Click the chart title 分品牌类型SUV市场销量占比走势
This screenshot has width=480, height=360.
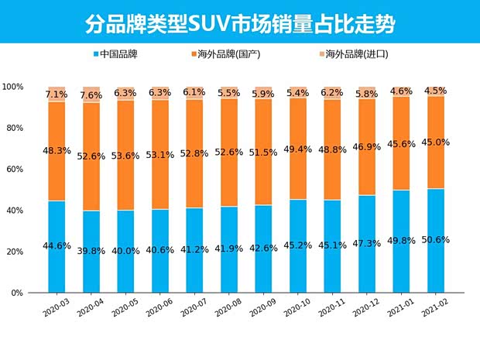coord(239,23)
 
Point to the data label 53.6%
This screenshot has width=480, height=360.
coord(126,156)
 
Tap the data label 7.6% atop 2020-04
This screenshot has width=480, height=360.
coord(91,95)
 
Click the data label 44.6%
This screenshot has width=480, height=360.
coord(57,246)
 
